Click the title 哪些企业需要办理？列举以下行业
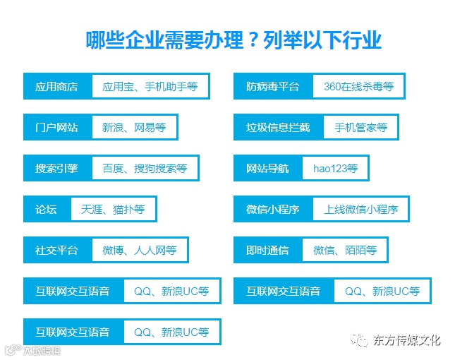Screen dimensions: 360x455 (x=233, y=40)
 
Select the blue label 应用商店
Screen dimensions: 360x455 (x=56, y=88)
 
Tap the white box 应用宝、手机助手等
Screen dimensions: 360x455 (x=150, y=88)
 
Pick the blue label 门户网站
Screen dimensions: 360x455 (x=56, y=128)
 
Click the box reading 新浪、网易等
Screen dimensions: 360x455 (x=134, y=128)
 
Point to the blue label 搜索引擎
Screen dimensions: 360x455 (x=56, y=169)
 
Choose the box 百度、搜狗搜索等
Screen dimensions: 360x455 (x=145, y=169)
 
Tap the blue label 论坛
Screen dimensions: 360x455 (x=46, y=210)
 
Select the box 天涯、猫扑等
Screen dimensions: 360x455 (x=113, y=210)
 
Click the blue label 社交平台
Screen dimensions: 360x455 (x=56, y=250)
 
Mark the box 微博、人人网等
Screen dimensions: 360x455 (x=139, y=250)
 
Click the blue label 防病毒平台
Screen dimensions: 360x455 (x=272, y=88)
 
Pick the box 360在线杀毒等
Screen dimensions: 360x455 (x=358, y=88)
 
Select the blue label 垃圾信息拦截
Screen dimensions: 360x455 (x=278, y=128)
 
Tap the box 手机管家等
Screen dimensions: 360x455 (x=360, y=128)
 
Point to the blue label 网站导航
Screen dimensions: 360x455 (x=267, y=169)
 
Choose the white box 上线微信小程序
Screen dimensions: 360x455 (x=360, y=210)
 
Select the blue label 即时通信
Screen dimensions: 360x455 (x=267, y=250)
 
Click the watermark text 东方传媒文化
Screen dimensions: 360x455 (x=407, y=340)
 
